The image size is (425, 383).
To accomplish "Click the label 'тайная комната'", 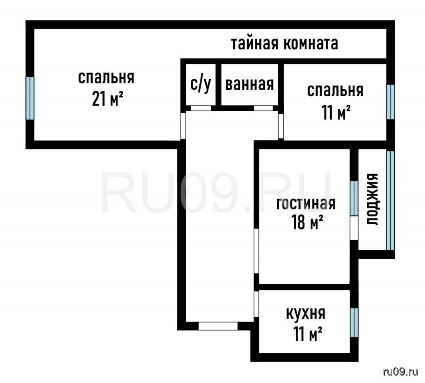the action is pyautogui.click(x=284, y=44).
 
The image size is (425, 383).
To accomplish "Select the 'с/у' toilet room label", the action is pyautogui.click(x=200, y=85).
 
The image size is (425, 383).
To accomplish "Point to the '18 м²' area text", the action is pyautogui.click(x=308, y=222).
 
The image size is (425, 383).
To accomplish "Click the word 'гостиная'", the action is pyautogui.click(x=306, y=204).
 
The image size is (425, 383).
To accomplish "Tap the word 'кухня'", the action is pyautogui.click(x=306, y=314).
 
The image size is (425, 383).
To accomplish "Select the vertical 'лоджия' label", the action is pyautogui.click(x=372, y=199).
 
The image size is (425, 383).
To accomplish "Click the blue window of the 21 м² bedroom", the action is pyautogui.click(x=30, y=98).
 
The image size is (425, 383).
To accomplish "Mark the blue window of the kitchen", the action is pyautogui.click(x=354, y=322).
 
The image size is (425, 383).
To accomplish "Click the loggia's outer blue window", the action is pyautogui.click(x=390, y=200).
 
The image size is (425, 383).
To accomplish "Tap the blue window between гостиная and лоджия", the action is pyautogui.click(x=354, y=198).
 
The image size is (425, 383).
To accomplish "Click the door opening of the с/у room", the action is pyautogui.click(x=201, y=108).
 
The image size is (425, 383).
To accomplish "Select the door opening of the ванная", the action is pyautogui.click(x=263, y=108).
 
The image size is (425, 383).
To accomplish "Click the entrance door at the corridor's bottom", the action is pyautogui.click(x=218, y=326).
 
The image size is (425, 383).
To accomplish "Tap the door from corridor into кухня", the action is pyautogui.click(x=256, y=304).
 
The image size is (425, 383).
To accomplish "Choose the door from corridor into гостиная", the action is pyautogui.click(x=256, y=251).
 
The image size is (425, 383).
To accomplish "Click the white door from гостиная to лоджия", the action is pyautogui.click(x=354, y=228).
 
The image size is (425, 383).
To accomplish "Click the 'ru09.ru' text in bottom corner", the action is pyautogui.click(x=401, y=372).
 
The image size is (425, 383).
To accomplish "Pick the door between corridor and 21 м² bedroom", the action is pyautogui.click(x=183, y=126).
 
